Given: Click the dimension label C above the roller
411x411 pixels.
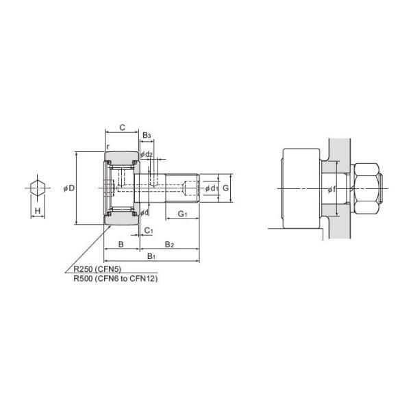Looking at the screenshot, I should [122, 127].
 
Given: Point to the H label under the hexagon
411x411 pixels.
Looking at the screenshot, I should [38, 211].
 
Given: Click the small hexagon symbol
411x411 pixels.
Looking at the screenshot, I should [38, 188].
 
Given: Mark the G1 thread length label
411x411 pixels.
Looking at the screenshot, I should [182, 214].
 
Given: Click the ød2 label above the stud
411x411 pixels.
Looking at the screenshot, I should [147, 154].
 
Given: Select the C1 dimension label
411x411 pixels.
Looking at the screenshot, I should [148, 231].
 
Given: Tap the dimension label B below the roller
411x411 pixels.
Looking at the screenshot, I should [121, 245].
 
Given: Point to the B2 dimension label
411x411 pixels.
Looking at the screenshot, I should [169, 245].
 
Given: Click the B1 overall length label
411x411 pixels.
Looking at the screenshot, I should [151, 256].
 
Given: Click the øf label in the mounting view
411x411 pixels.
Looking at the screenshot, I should [332, 188].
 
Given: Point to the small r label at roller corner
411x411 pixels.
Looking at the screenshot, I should [108, 147].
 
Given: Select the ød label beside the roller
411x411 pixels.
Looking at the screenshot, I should [144, 212].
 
